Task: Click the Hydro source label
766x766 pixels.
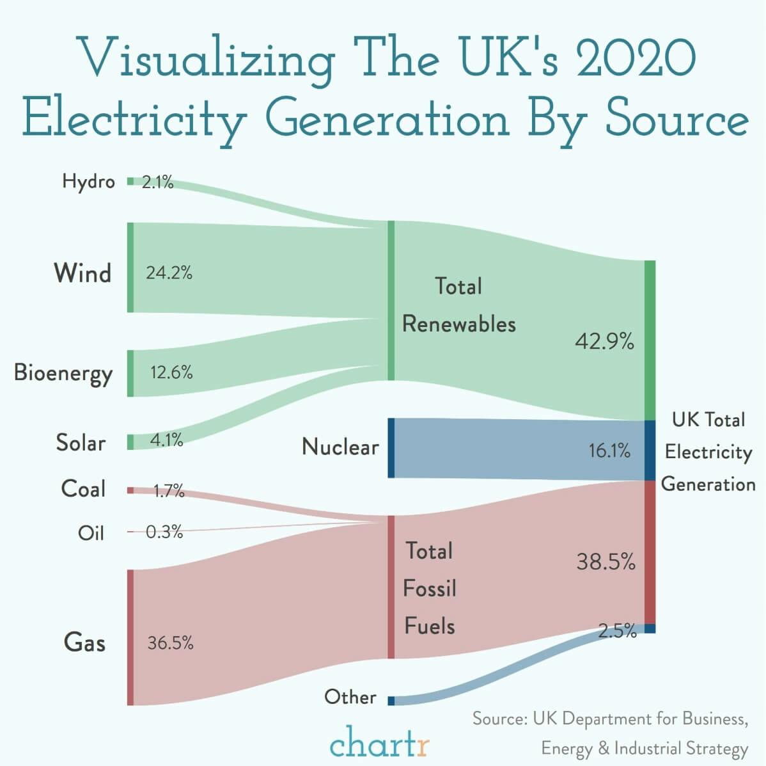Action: click(x=88, y=182)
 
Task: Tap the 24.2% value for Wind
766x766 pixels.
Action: click(x=169, y=273)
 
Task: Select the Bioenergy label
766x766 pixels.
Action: click(x=63, y=373)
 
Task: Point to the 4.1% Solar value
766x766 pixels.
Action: click(x=166, y=440)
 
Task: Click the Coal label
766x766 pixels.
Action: click(x=83, y=489)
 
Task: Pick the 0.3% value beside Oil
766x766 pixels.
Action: click(x=164, y=532)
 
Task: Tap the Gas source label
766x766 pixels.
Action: click(x=84, y=642)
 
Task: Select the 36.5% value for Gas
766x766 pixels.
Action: click(x=170, y=643)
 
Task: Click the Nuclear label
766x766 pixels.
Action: click(x=340, y=447)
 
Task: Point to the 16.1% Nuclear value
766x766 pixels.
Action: click(x=609, y=451)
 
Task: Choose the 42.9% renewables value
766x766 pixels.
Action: click(x=604, y=342)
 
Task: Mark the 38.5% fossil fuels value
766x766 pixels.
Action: click(x=606, y=562)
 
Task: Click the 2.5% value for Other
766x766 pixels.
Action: click(x=618, y=631)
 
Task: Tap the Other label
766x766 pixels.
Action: click(x=350, y=696)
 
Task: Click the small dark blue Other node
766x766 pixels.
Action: click(x=391, y=701)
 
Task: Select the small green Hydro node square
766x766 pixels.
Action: click(x=130, y=181)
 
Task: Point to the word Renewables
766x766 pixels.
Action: click(x=458, y=324)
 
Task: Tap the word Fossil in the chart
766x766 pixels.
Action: click(x=430, y=588)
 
